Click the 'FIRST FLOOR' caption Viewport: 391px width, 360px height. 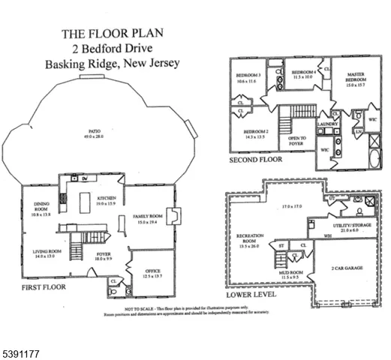tap(44, 287)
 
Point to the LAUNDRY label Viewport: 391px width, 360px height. tap(328, 124)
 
